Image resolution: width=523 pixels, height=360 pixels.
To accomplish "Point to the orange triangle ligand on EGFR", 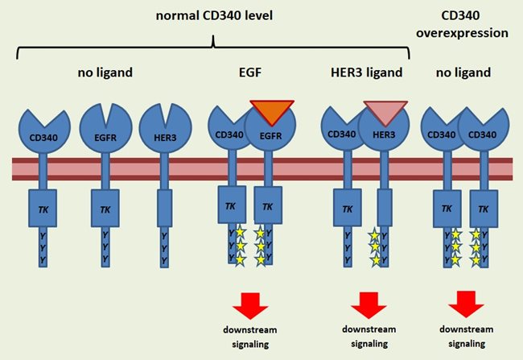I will tap(272, 111).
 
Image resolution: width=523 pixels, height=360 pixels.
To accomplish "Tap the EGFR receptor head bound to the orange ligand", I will tap(272, 134).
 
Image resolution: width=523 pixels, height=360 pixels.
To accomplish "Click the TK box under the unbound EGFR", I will tap(105, 207).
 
